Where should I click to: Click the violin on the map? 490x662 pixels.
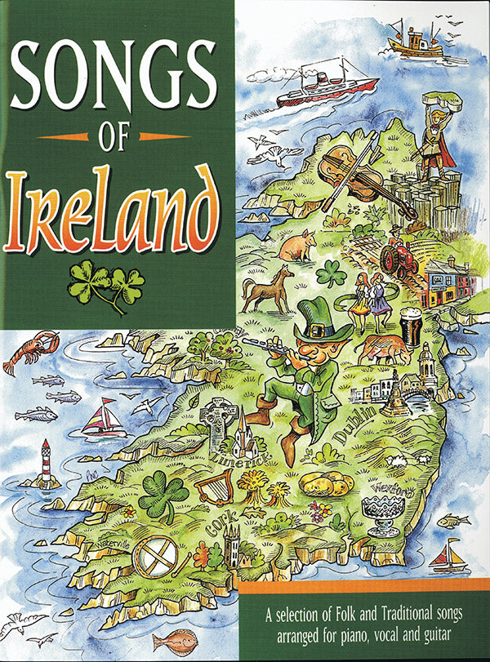pos(353,174)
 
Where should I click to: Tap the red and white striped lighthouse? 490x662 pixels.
pos(46,463)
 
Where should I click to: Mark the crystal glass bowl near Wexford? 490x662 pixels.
pos(382,513)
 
